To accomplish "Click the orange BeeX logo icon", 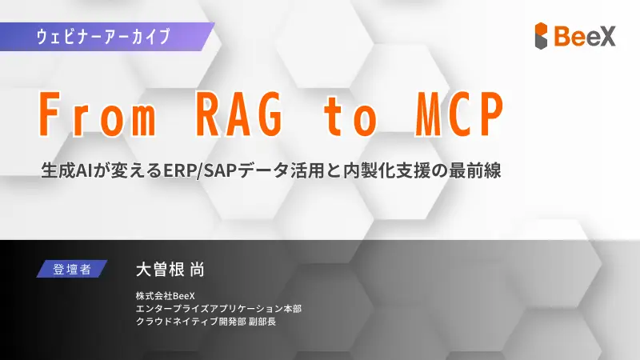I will coord(542,35).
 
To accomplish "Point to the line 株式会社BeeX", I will coord(166,294).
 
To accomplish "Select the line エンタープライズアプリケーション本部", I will coord(218,308).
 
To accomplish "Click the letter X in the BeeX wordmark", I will coord(607,35).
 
